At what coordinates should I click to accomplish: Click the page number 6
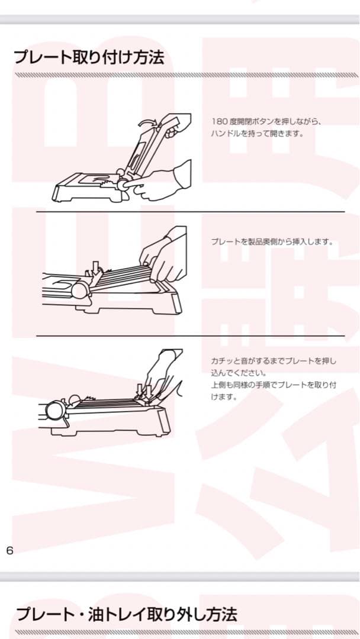click(x=9, y=550)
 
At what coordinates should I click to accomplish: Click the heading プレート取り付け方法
click(x=89, y=57)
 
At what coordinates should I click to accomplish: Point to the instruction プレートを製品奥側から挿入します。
click(x=272, y=241)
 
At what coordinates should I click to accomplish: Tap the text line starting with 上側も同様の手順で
click(x=274, y=385)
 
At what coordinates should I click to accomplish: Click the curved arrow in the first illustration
click(x=144, y=122)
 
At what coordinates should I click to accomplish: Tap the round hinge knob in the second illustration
click(x=82, y=291)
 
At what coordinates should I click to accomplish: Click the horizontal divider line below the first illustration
click(x=190, y=212)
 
